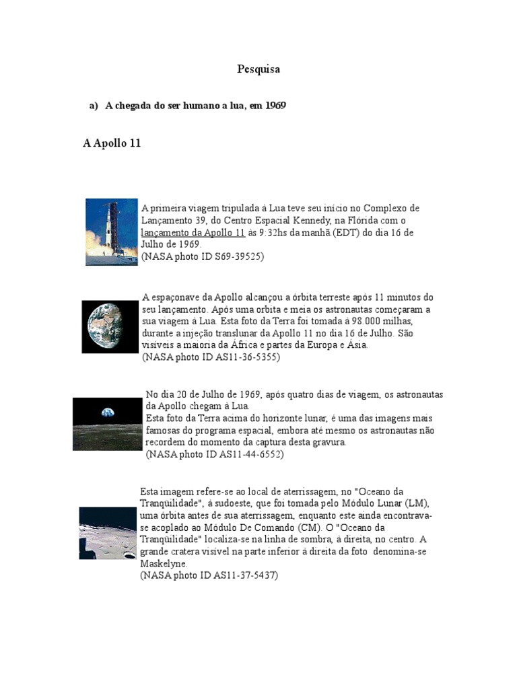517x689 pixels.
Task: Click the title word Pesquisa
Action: pos(258,69)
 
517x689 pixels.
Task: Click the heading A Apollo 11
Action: pos(112,143)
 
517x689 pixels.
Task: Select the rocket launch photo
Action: pos(112,231)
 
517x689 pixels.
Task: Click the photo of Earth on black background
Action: pos(110,327)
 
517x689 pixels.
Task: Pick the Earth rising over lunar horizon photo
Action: pos(108,423)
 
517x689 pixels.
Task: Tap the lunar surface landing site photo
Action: pos(108,533)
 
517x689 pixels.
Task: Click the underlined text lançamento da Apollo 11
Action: pos(193,233)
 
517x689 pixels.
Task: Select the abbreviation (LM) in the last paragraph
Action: pos(417,503)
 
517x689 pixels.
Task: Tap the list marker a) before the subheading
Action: pos(94,106)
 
